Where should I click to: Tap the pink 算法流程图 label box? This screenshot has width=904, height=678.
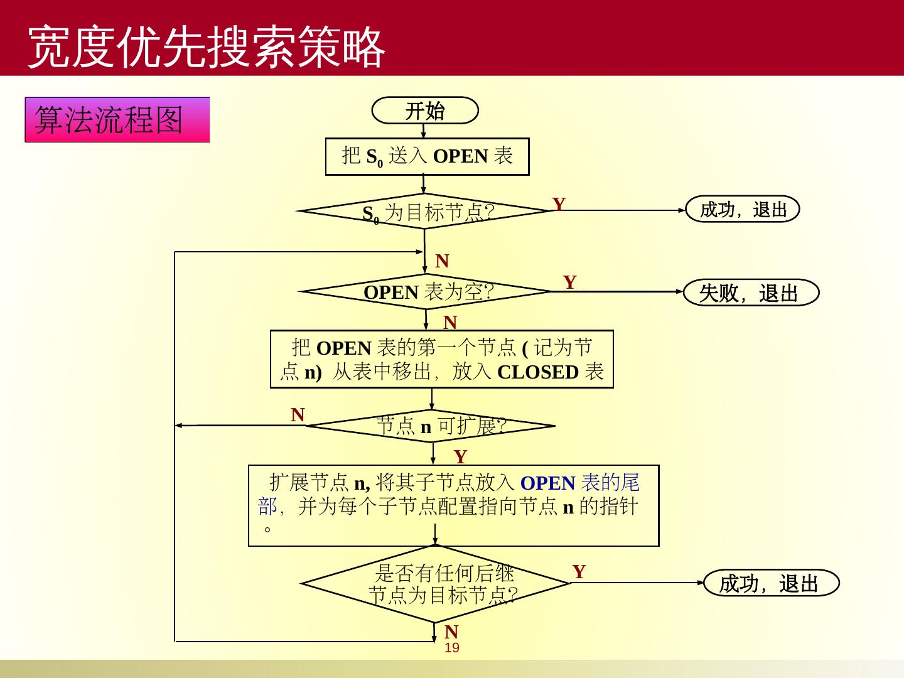click(x=117, y=119)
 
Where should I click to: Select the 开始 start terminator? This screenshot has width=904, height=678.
click(x=425, y=110)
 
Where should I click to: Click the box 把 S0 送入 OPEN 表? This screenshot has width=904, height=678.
click(x=427, y=156)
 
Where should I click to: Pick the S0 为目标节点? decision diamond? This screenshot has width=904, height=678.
click(x=425, y=212)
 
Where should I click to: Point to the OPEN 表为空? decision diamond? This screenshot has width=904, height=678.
click(x=426, y=291)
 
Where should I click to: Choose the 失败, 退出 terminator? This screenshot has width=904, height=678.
click(x=751, y=293)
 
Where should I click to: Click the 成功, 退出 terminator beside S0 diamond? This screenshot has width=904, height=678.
click(x=743, y=209)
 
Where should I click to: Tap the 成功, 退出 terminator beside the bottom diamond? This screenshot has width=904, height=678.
click(x=771, y=583)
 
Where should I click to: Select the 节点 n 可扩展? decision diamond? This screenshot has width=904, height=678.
click(x=432, y=426)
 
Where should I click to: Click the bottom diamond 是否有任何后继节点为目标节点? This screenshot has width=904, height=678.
click(x=435, y=583)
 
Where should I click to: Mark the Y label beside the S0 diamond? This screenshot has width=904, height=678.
click(x=559, y=204)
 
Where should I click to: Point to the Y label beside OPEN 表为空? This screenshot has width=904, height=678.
click(x=569, y=282)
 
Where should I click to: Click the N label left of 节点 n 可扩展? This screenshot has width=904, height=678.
click(x=298, y=414)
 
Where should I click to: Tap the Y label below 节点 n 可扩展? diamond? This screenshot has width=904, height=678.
click(x=460, y=456)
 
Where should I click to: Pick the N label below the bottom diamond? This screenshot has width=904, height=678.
click(x=451, y=632)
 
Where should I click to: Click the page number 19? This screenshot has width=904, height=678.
click(x=452, y=648)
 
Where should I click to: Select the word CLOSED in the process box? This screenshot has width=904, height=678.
click(x=537, y=372)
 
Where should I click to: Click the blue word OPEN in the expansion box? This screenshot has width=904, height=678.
click(x=547, y=483)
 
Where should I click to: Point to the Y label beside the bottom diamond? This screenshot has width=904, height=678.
click(x=579, y=571)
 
